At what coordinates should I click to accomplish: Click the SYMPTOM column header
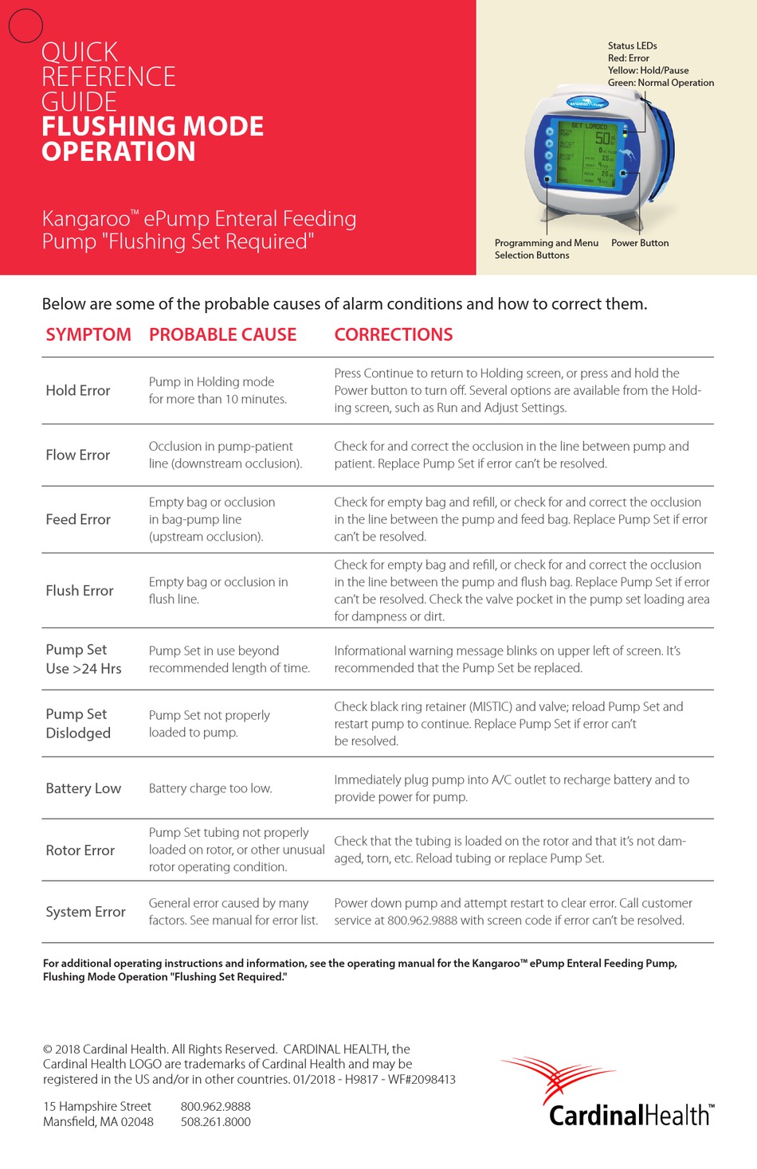88,334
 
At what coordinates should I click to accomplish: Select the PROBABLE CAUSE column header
222,334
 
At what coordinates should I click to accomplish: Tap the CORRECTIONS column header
393,334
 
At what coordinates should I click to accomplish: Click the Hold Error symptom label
78,390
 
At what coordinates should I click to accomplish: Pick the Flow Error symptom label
78,455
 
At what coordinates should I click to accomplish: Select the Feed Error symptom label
78,519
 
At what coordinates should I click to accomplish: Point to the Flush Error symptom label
80,590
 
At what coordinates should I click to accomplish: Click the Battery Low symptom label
84,788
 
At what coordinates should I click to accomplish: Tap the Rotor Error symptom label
80,850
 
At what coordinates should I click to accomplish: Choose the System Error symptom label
86,912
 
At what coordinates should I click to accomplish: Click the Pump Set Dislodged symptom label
78,723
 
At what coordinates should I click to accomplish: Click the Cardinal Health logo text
630,1115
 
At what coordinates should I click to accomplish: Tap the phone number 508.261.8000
215,1121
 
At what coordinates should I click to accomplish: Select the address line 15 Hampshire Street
97,1106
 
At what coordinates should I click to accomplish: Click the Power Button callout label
640,243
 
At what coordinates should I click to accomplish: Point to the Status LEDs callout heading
632,45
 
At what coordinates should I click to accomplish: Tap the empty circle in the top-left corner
25,25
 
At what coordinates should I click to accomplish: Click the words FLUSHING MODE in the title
152,126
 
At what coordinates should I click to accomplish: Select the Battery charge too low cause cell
210,788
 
